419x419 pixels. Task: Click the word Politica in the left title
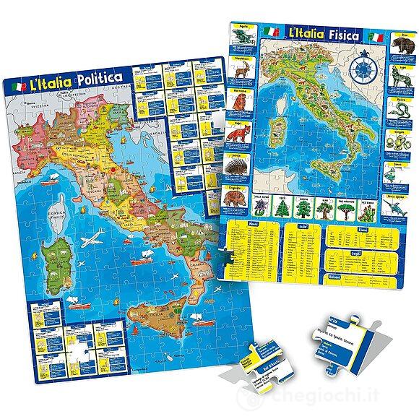pos(99,77)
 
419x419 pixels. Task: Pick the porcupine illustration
pos(243,165)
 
